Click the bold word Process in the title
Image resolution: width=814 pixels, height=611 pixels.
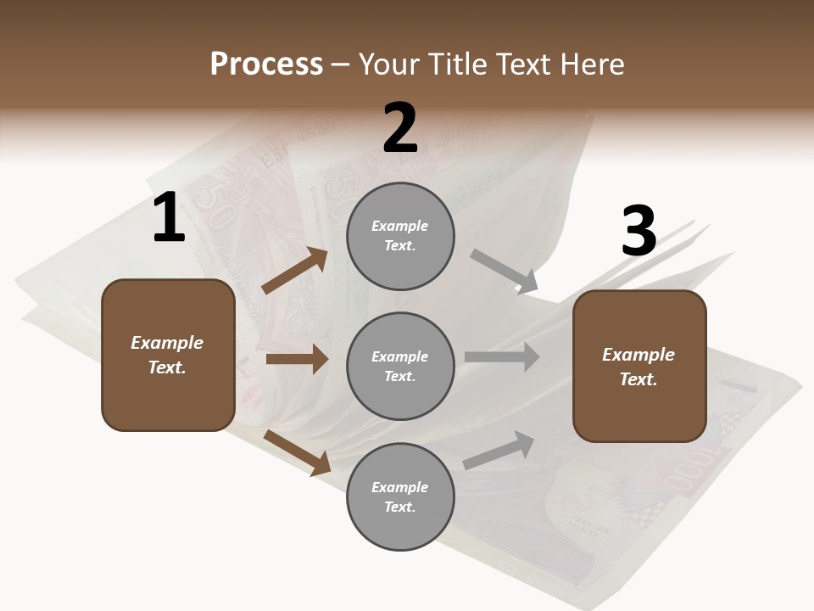point(266,64)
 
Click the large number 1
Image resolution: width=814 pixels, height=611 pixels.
point(168,218)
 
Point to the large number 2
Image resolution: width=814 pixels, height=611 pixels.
point(399,128)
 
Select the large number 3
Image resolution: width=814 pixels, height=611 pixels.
point(638,232)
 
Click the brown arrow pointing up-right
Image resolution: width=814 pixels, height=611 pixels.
point(295,272)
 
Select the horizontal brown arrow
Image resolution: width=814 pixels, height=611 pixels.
point(297,359)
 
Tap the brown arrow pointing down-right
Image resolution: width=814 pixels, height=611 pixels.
point(298,451)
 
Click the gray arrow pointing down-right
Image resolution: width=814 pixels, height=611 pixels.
point(505,272)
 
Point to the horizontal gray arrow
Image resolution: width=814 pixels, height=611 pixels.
point(502,357)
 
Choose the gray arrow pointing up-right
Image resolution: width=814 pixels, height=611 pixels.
point(499,450)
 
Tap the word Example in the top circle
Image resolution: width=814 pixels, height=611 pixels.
point(400,226)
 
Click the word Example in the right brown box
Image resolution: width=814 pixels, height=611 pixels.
point(638,355)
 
